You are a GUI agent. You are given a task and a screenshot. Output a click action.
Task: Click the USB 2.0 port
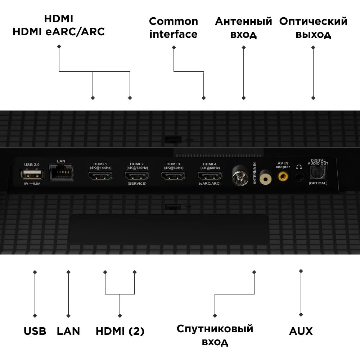point(32,175)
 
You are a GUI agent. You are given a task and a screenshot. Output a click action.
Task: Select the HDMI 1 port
point(100,176)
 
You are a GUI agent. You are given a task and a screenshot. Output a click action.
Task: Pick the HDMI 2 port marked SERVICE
point(137,176)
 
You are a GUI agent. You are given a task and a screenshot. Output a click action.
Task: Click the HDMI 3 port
point(174,176)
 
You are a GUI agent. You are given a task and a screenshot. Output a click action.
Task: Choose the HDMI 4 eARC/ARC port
point(210,176)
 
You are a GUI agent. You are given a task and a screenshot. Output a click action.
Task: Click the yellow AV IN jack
point(283,176)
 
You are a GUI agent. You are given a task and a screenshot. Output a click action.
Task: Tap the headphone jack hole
point(299,177)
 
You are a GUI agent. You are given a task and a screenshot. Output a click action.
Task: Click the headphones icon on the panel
point(298,167)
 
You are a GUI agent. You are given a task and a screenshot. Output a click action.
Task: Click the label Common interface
point(174,28)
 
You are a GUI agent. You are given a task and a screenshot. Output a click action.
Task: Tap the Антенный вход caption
point(243,28)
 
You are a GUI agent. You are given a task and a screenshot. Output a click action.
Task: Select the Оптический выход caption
point(313,28)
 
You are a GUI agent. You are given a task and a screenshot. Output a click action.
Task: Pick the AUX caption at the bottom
point(301,331)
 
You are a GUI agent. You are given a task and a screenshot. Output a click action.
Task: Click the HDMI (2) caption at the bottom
point(120,331)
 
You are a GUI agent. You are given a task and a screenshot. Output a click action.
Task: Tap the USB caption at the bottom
point(35,331)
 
